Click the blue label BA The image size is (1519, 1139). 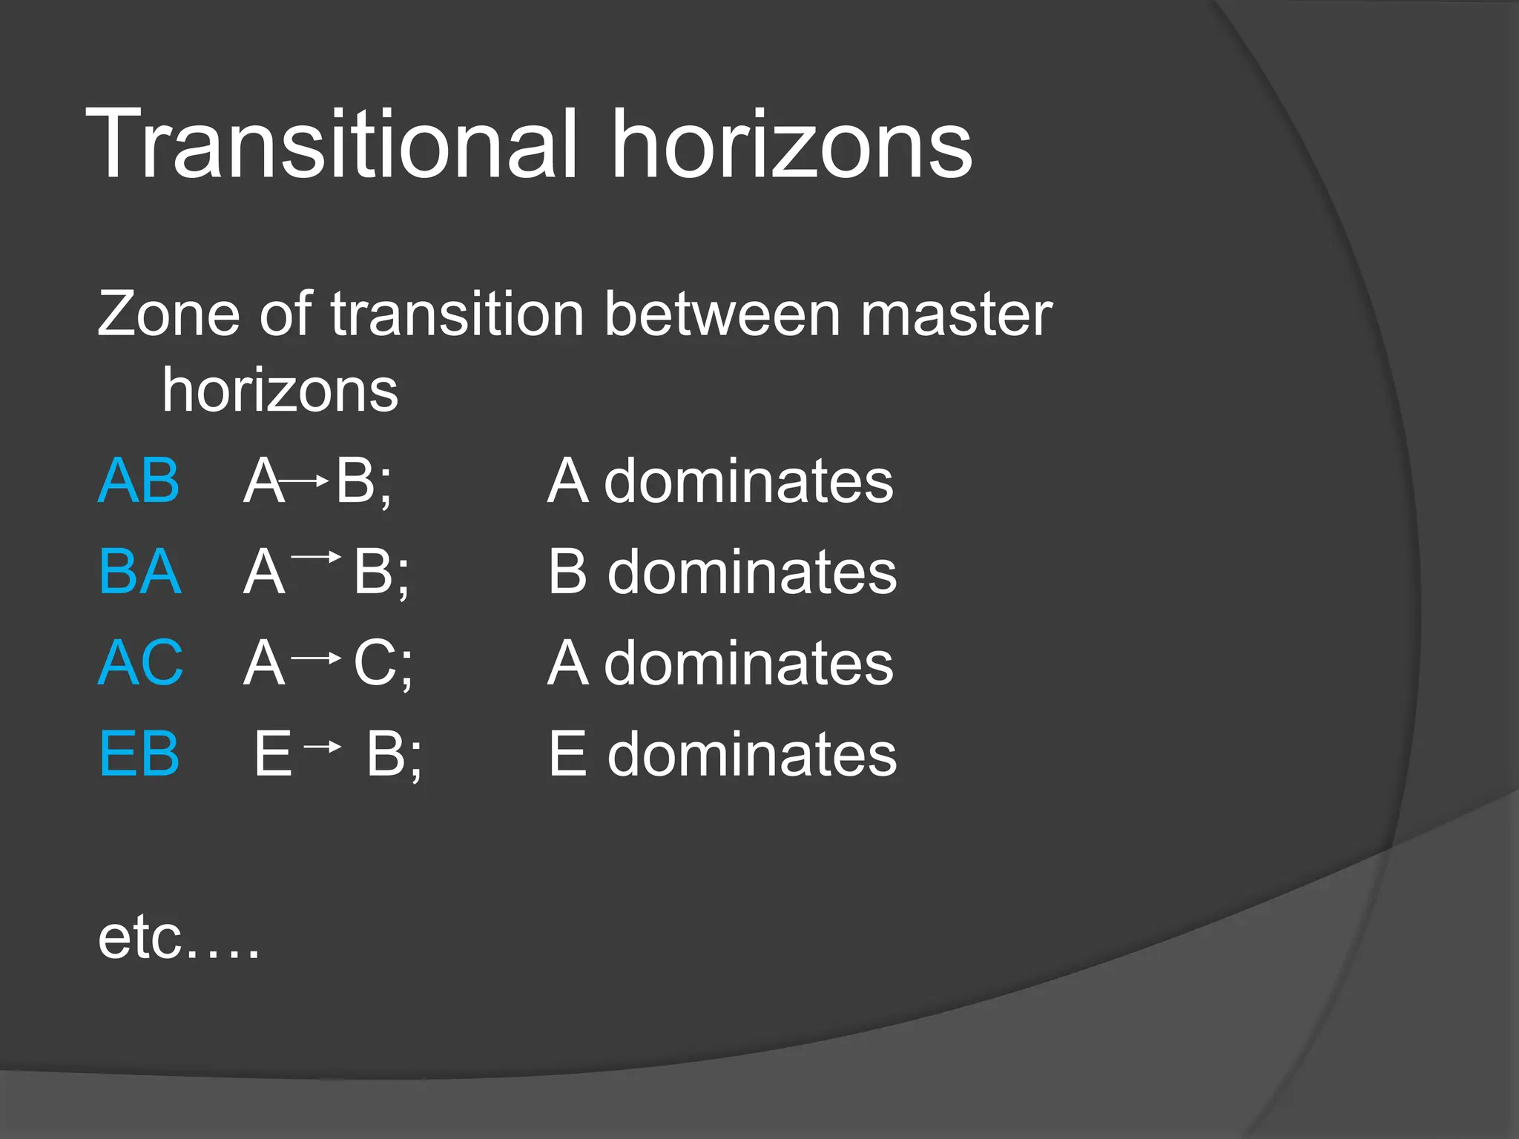coord(140,572)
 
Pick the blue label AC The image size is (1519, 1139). coord(140,663)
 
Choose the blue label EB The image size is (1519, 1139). coord(139,754)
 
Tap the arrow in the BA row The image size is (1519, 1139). coord(317,555)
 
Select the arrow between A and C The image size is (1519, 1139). coord(317,658)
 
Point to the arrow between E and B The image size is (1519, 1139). coord(323,747)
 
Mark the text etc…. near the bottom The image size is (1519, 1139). coord(179,938)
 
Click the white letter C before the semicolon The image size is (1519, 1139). coord(375,663)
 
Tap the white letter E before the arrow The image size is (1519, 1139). coord(273,754)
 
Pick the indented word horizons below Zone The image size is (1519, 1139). coord(280,391)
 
